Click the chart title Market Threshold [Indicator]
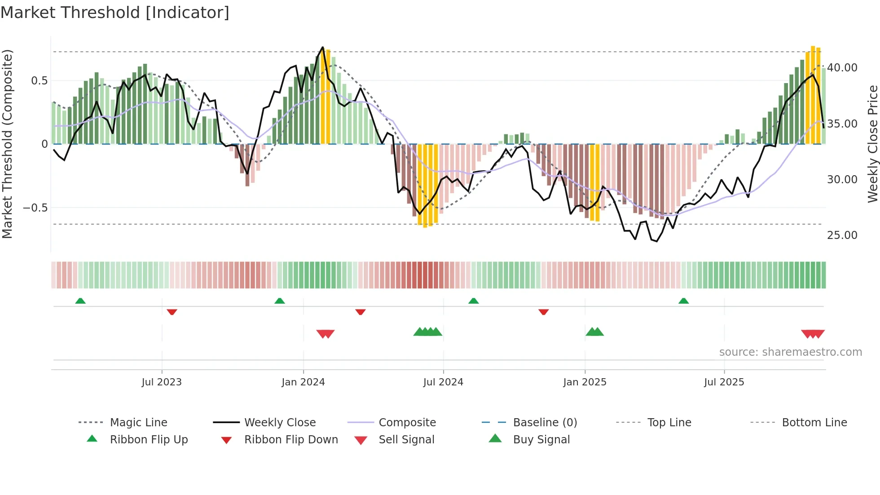click(x=115, y=13)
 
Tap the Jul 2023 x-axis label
click(x=162, y=382)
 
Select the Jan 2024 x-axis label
click(x=303, y=382)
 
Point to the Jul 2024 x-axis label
click(x=443, y=382)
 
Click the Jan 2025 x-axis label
click(x=585, y=382)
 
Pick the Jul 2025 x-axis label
click(x=724, y=382)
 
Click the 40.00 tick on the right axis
click(x=842, y=68)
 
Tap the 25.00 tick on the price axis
click(x=842, y=235)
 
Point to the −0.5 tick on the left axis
click(x=35, y=208)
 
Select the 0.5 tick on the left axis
click(x=39, y=81)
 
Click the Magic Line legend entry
click(x=138, y=423)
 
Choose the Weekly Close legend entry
click(x=280, y=423)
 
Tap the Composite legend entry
click(x=407, y=423)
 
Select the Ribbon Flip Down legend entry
click(x=290, y=440)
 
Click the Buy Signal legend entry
click(x=541, y=440)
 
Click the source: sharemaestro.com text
click(x=790, y=352)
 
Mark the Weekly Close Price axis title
click(x=872, y=144)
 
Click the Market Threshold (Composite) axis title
click(x=7, y=144)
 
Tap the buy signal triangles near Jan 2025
click(x=594, y=332)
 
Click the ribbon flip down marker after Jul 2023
click(x=172, y=312)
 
